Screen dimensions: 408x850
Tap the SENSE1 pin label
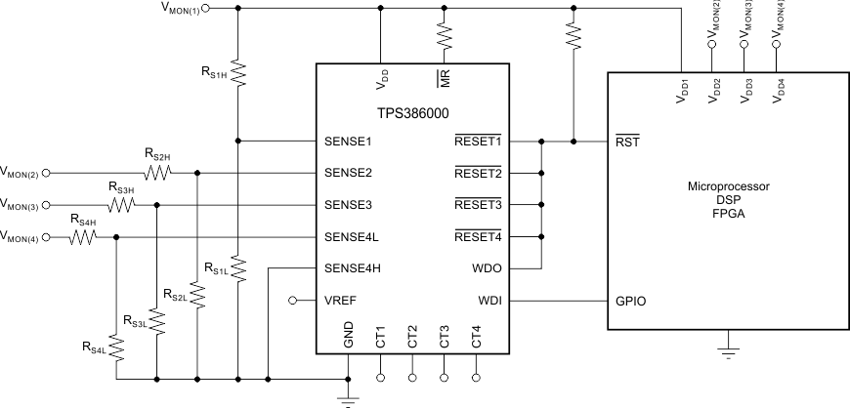tap(349, 142)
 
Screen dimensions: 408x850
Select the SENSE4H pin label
tap(353, 268)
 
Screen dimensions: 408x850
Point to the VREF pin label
tap(341, 301)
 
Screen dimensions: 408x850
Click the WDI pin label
tap(489, 301)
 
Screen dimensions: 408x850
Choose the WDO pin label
tap(488, 268)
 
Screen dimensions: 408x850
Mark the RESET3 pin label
tap(477, 205)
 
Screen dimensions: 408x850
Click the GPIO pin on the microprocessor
tap(630, 301)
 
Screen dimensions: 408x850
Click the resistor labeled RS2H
tap(157, 173)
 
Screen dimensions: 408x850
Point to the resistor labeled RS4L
tap(116, 347)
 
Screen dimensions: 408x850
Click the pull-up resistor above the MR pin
tap(445, 37)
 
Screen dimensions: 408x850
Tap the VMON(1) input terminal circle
tap(205, 7)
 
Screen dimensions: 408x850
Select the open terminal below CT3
tap(445, 376)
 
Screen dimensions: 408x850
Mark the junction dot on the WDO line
tap(540, 237)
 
